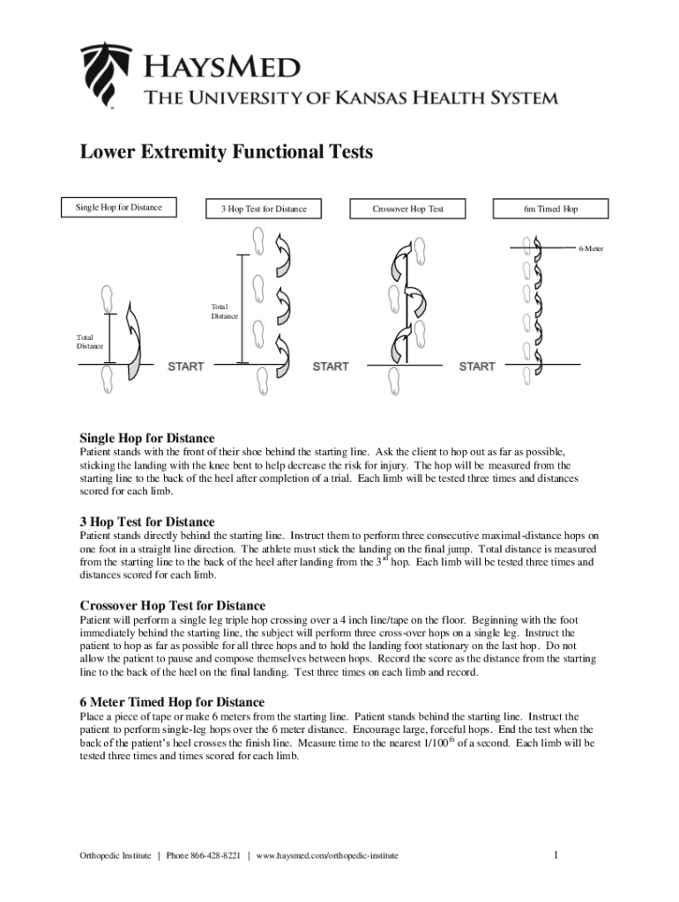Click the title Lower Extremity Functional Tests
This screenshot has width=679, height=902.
pyautogui.click(x=227, y=152)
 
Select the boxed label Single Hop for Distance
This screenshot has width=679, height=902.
pyautogui.click(x=118, y=207)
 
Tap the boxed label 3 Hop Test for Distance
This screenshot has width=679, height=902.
pyautogui.click(x=263, y=209)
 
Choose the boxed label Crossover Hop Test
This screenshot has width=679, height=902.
pyautogui.click(x=407, y=209)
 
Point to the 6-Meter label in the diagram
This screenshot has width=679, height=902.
pyautogui.click(x=591, y=248)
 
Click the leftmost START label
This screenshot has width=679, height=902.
pyautogui.click(x=186, y=366)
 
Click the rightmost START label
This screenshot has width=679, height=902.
pyautogui.click(x=477, y=366)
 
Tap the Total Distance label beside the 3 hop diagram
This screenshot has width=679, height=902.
pyautogui.click(x=224, y=311)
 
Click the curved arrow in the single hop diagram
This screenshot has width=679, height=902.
pyautogui.click(x=133, y=339)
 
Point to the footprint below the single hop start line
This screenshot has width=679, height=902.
pyautogui.click(x=108, y=380)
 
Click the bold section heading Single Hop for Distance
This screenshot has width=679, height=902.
pyautogui.click(x=147, y=438)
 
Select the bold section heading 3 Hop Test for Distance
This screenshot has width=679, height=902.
pyautogui.click(x=147, y=521)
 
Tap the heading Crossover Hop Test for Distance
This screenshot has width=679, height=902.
pyautogui.click(x=173, y=605)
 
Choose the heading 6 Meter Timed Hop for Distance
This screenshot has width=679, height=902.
pyautogui.click(x=172, y=702)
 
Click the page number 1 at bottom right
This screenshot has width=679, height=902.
pyautogui.click(x=556, y=854)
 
